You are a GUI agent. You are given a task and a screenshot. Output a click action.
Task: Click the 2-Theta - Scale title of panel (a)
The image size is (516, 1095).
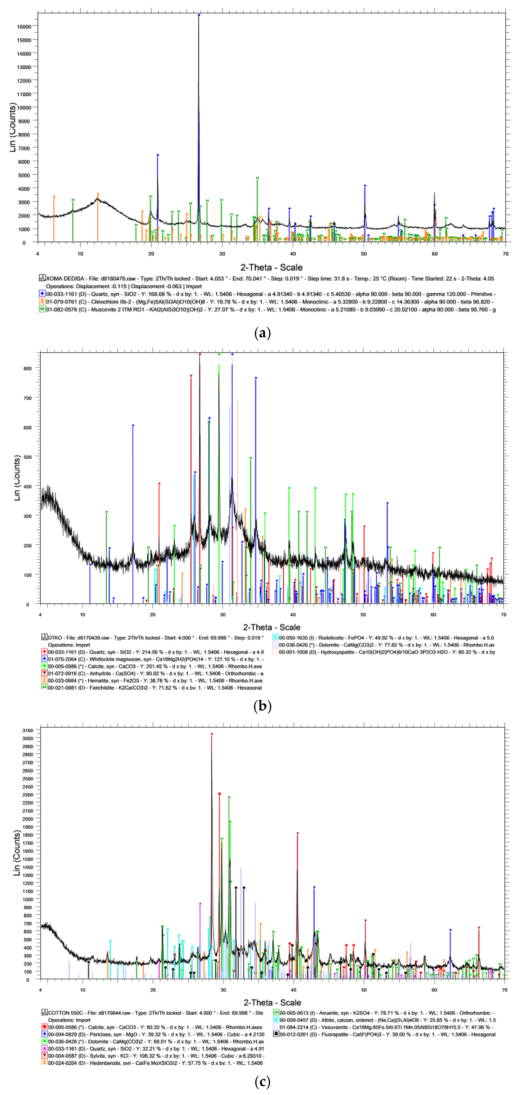click(271, 267)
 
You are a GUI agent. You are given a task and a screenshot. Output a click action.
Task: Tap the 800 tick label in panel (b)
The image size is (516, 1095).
click(27, 369)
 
